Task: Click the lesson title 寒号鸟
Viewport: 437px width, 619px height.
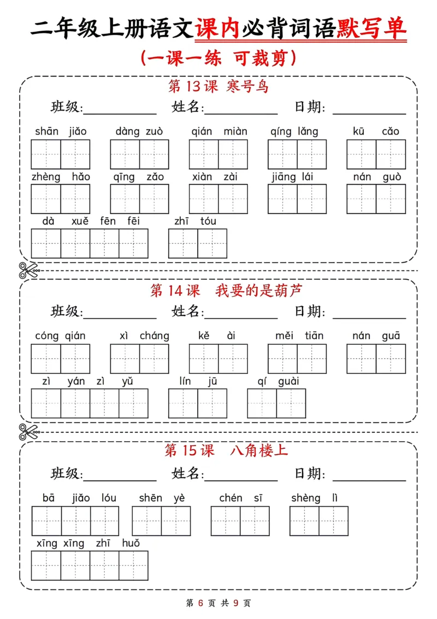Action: (247, 86)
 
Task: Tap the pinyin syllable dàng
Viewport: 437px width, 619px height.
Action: (127, 131)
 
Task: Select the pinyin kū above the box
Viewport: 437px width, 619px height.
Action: (359, 131)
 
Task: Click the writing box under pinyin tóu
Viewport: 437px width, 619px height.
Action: (212, 244)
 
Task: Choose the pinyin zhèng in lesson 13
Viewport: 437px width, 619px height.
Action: (46, 177)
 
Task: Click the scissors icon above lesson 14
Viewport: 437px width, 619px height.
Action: (28, 270)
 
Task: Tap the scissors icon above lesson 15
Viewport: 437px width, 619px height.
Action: (28, 432)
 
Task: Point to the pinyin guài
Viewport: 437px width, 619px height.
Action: (288, 381)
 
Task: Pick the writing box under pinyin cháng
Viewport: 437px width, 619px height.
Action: (154, 359)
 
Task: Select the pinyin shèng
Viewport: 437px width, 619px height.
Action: (306, 497)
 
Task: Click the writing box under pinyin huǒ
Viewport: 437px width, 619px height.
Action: (133, 565)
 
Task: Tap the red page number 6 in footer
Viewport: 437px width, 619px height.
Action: (200, 603)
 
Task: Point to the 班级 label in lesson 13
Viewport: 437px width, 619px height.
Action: (66, 107)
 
